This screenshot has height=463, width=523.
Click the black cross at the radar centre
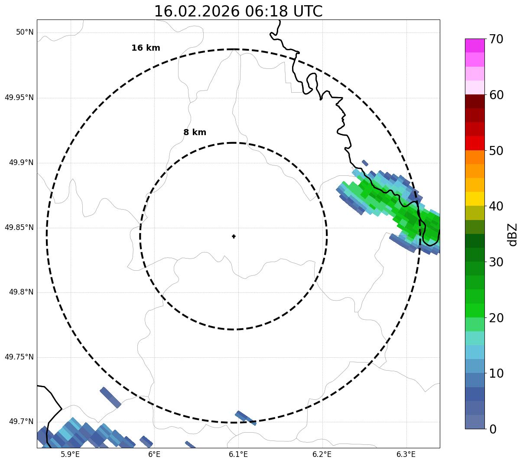pos(234,236)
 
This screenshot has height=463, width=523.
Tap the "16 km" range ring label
pos(146,48)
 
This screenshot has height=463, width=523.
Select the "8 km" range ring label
pos(195,133)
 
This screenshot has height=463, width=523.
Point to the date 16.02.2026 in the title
pos(197,11)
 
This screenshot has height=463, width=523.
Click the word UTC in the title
pos(308,11)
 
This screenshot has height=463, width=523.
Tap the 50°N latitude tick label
pos(25,32)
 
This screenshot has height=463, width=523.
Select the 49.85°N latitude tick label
pos(19,227)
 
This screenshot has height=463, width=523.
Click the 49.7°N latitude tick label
pos(21,422)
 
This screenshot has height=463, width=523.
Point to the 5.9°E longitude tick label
pos(70,454)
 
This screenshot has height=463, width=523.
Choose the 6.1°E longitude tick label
pos(238,454)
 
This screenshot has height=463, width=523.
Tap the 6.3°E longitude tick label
pos(406,454)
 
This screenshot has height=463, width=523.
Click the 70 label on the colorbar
pos(496,39)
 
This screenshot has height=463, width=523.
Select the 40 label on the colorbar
pos(496,206)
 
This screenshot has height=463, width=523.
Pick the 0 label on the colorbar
pos(494,429)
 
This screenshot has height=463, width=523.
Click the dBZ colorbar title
pos(513,234)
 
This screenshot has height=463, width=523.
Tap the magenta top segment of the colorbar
pos(474,45)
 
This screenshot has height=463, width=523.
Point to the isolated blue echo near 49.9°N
pos(365,163)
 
